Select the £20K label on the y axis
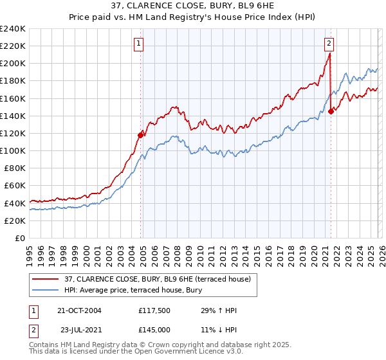coord(15,220)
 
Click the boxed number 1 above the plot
coord(139,44)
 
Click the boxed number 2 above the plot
coord(329,44)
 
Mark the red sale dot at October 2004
coord(140,135)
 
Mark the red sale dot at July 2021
coord(331,111)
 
